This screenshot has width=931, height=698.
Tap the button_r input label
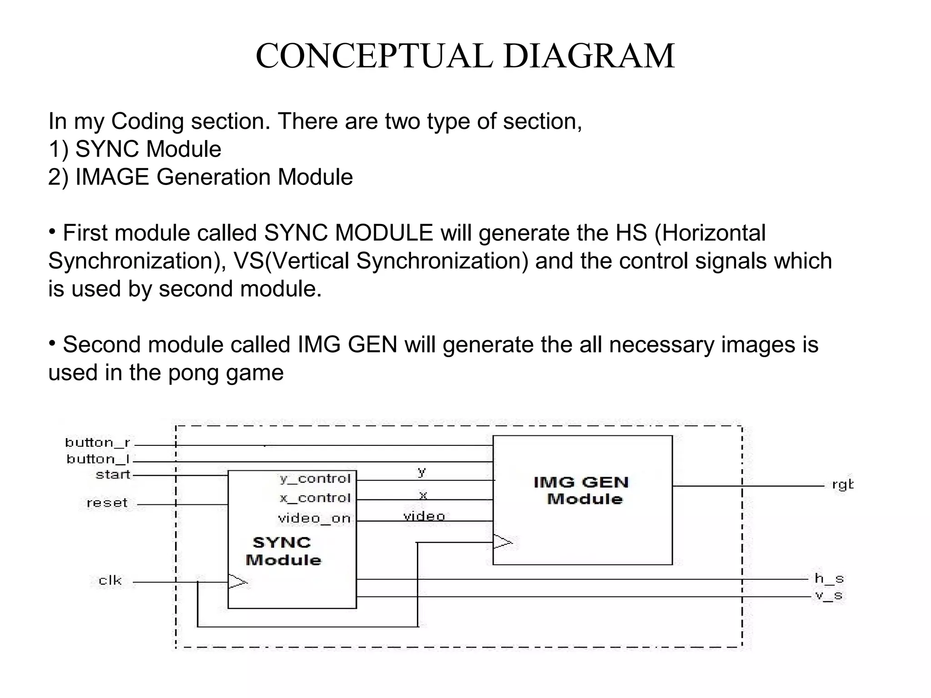point(98,442)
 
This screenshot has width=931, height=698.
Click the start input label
point(113,475)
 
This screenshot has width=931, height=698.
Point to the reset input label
point(107,503)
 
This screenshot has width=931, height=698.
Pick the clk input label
point(110,580)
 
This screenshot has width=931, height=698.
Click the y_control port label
point(315,479)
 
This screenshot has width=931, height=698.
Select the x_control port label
point(315,498)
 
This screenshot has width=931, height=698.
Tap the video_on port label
point(314,519)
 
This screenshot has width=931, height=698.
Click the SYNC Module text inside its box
point(283,551)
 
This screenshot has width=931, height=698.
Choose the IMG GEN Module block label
point(581,490)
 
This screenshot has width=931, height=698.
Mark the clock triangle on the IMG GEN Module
point(502,542)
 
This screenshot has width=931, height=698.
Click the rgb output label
point(842,485)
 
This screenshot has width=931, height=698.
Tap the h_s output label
point(829,578)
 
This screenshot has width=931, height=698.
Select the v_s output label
point(829,595)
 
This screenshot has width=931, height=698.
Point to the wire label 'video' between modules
point(424,516)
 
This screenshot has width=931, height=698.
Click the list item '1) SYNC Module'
point(135,149)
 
